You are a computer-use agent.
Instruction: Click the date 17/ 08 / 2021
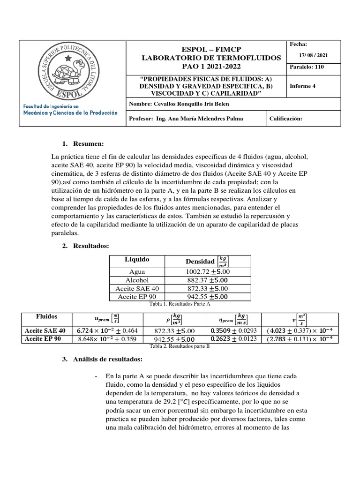click(314, 55)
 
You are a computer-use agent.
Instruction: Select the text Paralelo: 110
click(307, 67)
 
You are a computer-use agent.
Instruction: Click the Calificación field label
click(286, 119)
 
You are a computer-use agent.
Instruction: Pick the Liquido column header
click(137, 259)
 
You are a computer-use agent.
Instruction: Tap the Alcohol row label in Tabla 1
click(137, 280)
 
